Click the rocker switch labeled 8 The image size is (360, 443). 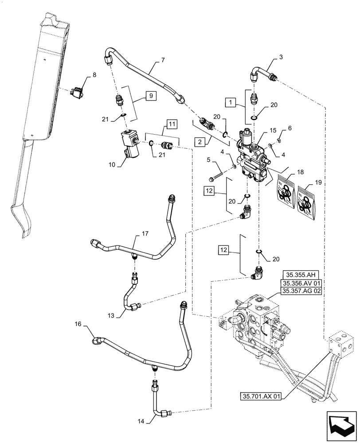(78, 92)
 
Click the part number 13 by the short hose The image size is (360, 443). (111, 315)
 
